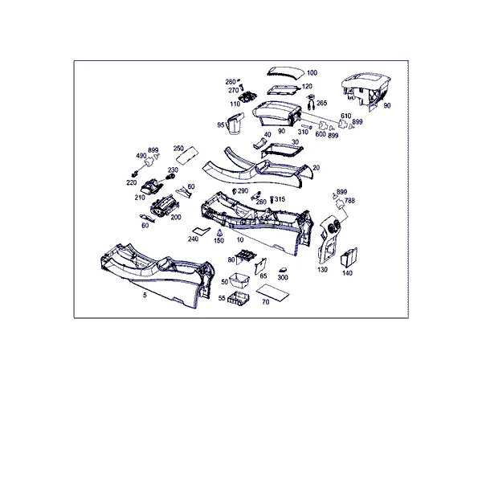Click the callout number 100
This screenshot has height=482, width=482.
coord(312,73)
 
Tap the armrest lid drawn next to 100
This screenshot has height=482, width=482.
coord(285,73)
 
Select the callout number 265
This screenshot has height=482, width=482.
coord(321,103)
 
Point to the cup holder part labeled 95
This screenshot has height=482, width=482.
coord(235,123)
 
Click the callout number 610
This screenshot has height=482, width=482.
coord(345,116)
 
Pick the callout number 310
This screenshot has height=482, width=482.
coord(303,132)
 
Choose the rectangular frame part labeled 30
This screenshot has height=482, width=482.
coord(282,151)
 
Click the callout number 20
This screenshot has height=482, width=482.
coord(316,168)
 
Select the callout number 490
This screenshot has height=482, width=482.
coord(141,156)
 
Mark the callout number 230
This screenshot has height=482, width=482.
coord(173,170)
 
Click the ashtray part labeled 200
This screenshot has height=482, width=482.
coord(165,206)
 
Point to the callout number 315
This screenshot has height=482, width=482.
coord(280,199)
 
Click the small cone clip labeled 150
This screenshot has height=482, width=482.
coord(219,233)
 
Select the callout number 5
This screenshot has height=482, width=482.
coord(145,295)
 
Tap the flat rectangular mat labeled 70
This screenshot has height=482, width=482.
coord(272,292)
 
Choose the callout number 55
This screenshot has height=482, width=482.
coord(222,298)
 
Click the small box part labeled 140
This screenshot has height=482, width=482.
coord(349,257)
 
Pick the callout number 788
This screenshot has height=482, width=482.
coord(349,201)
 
